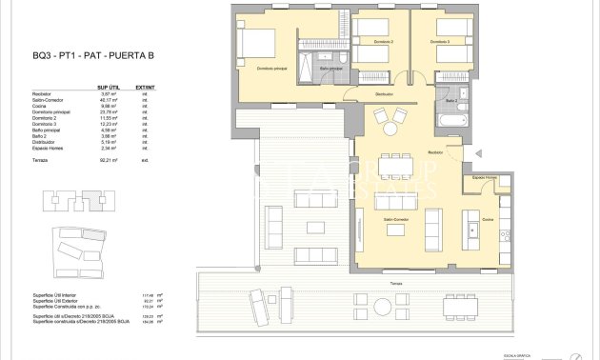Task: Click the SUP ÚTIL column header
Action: tap(110, 88)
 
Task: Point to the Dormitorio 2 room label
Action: tap(384, 42)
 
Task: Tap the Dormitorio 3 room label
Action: tap(439, 42)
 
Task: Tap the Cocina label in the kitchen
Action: tap(488, 219)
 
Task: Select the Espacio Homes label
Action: tap(485, 178)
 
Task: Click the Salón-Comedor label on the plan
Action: tap(397, 219)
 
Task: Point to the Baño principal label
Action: tap(330, 69)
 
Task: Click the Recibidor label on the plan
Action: tap(436, 151)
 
